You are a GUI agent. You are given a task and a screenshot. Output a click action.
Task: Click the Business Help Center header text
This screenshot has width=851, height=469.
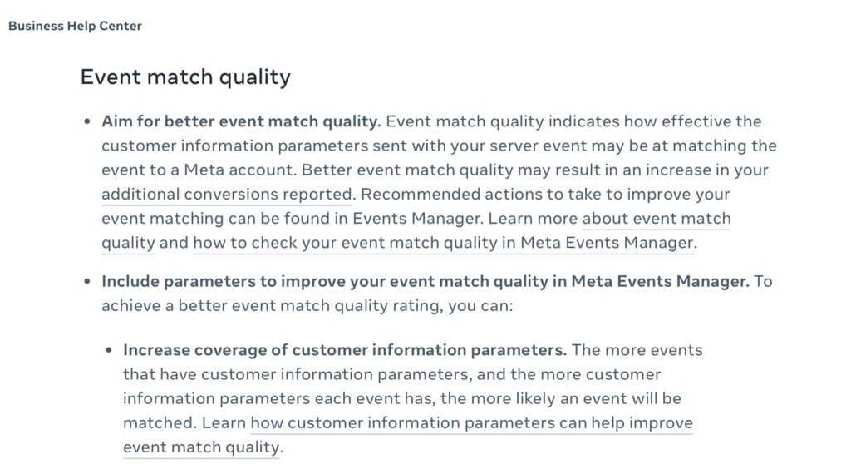[75, 26]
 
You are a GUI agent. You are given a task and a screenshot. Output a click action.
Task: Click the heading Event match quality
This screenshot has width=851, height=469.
[185, 77]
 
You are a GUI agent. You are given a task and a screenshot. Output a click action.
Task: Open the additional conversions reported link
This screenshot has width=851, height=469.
[227, 195]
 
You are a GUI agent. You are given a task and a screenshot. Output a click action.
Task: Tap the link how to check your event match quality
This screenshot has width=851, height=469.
[443, 243]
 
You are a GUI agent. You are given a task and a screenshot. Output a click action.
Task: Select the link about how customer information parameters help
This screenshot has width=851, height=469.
[408, 435]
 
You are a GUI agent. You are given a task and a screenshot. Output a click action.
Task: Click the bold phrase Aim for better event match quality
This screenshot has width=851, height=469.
[241, 121]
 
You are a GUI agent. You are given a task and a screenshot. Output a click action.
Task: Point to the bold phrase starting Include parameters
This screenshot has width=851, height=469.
[425, 281]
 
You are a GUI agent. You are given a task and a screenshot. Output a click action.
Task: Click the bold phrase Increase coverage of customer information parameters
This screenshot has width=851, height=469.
[345, 350]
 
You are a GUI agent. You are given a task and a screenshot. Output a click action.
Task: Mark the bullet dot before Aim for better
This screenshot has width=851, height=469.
[87, 121]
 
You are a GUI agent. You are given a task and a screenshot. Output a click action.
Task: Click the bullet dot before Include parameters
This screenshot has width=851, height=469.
[87, 282]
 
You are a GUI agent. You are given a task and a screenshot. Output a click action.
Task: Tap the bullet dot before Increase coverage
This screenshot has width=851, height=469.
[109, 351]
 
